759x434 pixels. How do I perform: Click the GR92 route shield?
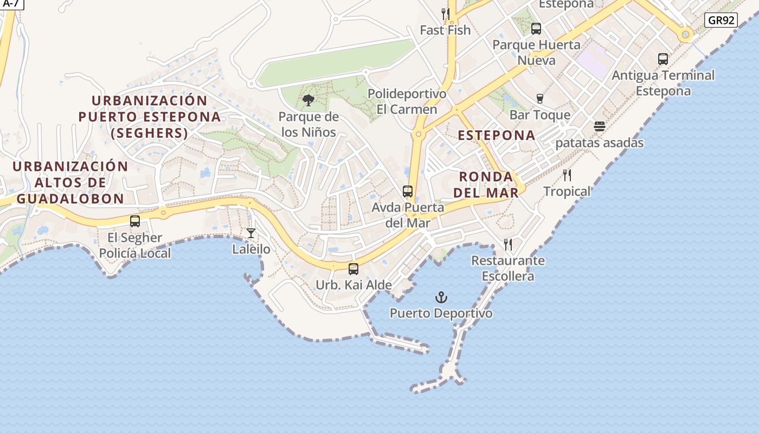point(722,21)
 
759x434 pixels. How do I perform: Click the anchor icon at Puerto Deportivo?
point(441,297)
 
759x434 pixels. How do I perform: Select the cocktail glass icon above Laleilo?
point(250,233)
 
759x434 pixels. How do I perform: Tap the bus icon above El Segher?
point(135,221)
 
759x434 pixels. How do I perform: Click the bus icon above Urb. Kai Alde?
point(353,269)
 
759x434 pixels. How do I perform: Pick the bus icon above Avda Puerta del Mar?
point(408,192)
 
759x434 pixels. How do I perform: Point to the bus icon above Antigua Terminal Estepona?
point(662,59)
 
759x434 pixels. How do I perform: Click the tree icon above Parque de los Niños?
point(308,100)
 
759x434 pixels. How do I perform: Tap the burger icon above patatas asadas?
point(599,126)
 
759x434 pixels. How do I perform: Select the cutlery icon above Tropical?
point(567,175)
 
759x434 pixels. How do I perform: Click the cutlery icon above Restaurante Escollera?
point(508,245)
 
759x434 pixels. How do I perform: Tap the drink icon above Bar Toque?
point(539,98)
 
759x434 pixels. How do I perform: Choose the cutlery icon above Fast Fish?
point(445,14)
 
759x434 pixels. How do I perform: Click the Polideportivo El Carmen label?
point(407,101)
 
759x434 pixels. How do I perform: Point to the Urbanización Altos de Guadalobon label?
point(70,182)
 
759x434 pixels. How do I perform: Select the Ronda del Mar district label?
point(486,184)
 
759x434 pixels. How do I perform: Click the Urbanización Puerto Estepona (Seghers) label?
point(150,117)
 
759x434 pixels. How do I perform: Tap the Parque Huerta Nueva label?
point(536,52)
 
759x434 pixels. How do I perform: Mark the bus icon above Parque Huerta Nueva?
point(536,29)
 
